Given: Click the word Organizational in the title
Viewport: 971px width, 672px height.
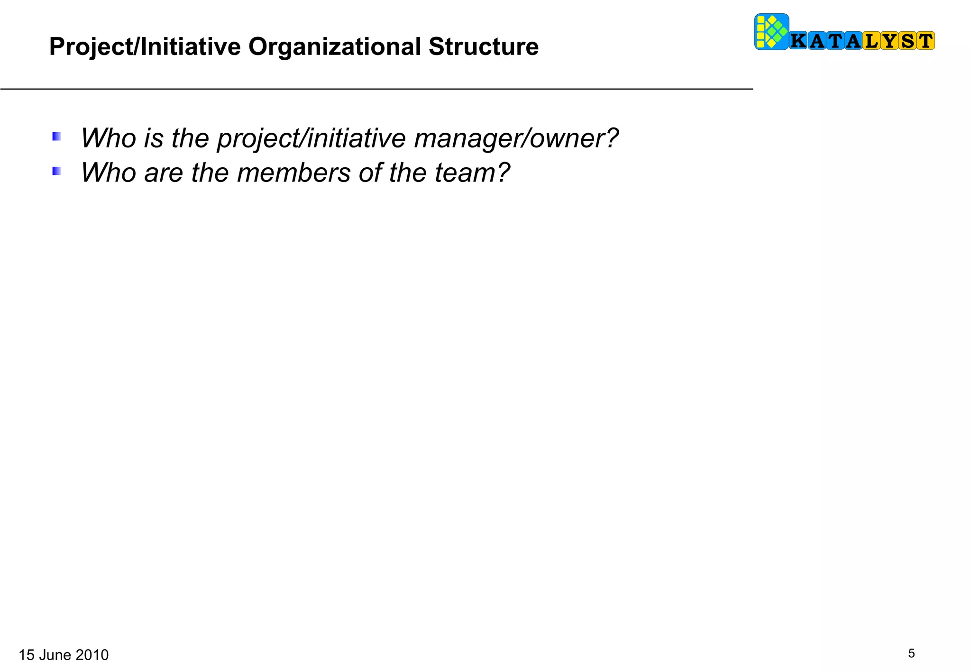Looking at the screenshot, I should click(335, 47).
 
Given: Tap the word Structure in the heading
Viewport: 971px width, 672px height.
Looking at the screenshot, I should click(483, 47).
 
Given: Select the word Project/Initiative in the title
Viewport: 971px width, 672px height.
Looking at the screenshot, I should click(145, 47).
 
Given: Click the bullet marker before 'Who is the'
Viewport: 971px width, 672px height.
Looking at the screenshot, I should click(56, 137).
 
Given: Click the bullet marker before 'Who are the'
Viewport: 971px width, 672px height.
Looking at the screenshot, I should click(56, 171).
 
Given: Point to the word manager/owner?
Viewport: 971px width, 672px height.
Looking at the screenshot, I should click(516, 138).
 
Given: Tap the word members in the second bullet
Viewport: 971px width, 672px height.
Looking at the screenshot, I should click(293, 173).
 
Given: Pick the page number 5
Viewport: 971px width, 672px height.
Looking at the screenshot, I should click(911, 654).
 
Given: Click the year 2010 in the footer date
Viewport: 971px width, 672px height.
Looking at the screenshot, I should click(92, 655).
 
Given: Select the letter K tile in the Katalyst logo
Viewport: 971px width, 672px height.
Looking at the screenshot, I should click(798, 41).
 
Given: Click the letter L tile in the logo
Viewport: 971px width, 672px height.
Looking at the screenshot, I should click(871, 41).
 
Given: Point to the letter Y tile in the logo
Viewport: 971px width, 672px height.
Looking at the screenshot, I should click(890, 41).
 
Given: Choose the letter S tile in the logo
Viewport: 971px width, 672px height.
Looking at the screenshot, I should click(907, 41).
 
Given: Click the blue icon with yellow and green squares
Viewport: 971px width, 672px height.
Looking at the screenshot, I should click(771, 32).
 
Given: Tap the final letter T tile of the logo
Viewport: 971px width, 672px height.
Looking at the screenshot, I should click(925, 41).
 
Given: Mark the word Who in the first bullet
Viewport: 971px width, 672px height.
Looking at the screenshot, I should click(109, 138).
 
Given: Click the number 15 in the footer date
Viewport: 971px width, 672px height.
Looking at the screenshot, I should click(27, 655).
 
